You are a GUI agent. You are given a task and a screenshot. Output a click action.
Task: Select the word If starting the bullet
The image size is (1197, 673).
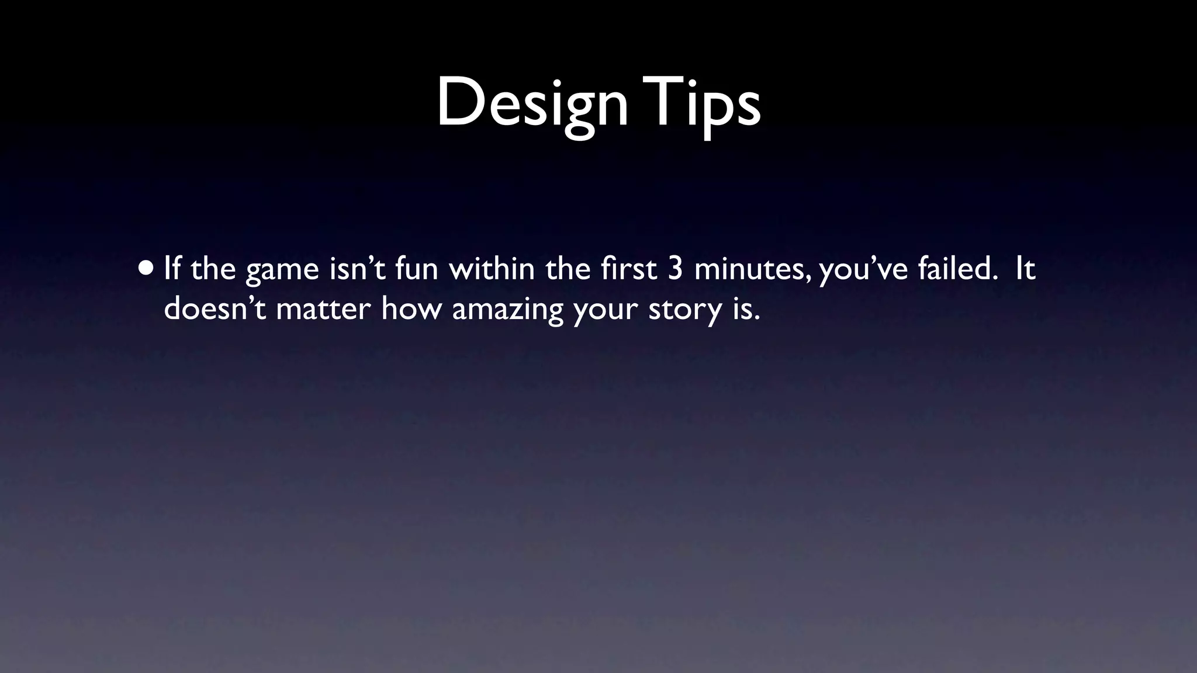(172, 269)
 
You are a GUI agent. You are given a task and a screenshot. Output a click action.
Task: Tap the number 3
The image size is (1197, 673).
(675, 269)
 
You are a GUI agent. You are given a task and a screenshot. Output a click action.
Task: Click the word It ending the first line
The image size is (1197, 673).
(1025, 269)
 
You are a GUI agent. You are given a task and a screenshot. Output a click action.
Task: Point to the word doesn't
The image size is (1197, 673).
(215, 308)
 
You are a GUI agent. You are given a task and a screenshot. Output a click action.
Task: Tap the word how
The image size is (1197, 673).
(411, 308)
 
